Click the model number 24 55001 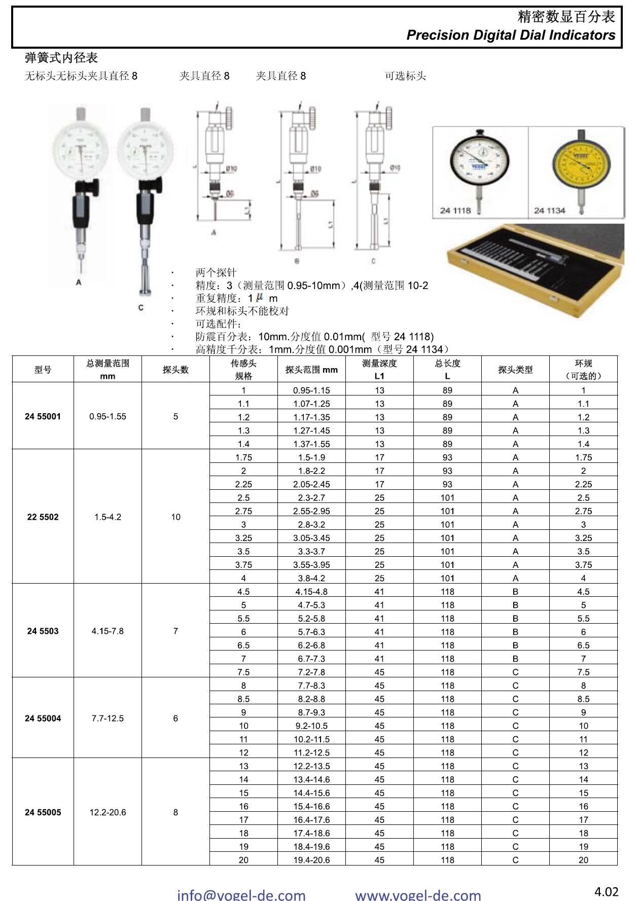[x=43, y=416]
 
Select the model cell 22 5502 [x=43, y=517]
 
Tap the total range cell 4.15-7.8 [x=108, y=631]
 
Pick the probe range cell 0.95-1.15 [x=311, y=390]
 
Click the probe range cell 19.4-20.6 [x=311, y=860]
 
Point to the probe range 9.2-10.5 [x=311, y=726]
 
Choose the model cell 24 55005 [x=43, y=812]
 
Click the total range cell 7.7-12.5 [x=108, y=718]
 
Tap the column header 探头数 [x=175, y=370]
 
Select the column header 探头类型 [x=515, y=370]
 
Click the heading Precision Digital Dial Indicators [x=511, y=35]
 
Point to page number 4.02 [x=606, y=891]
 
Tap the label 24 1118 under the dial [x=455, y=210]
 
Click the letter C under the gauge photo [x=140, y=308]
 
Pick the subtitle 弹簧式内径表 [x=61, y=58]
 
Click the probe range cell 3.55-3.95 [x=311, y=565]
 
